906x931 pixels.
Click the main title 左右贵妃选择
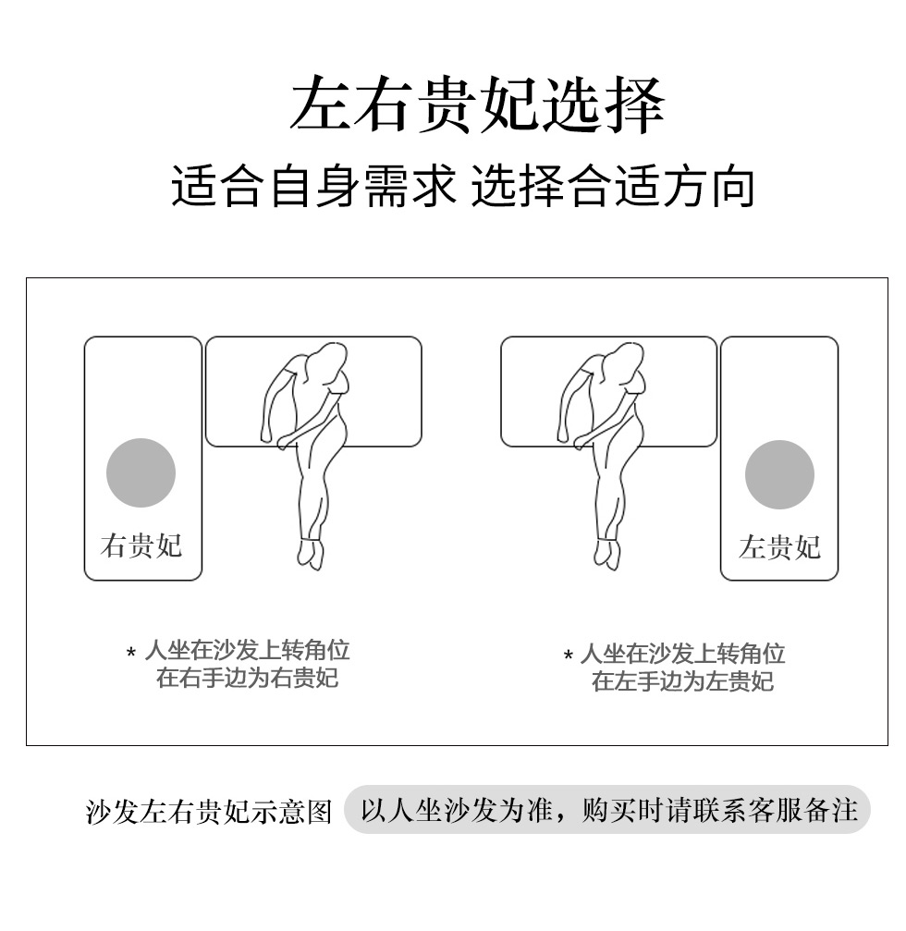[477, 105]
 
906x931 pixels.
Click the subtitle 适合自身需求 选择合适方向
[462, 187]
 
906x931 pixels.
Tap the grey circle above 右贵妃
[141, 472]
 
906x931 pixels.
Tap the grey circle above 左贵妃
[779, 474]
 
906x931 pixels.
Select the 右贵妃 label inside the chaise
[141, 545]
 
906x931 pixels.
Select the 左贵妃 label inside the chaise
[779, 546]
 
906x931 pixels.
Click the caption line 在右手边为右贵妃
[248, 678]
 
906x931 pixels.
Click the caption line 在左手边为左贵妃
[683, 681]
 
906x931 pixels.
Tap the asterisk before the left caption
[131, 653]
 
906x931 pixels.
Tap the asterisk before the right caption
[569, 655]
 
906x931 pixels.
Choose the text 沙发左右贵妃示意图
[209, 812]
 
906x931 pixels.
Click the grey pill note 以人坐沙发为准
[606, 809]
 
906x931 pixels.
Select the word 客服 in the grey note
[775, 810]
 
